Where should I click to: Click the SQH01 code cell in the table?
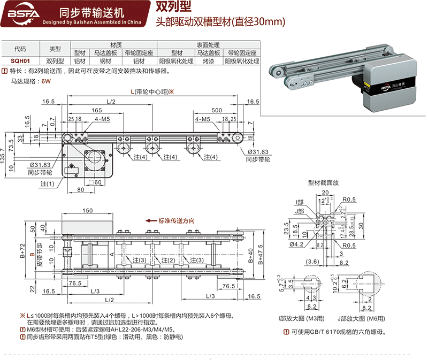coord(20,62)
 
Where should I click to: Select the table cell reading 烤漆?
coord(208,62)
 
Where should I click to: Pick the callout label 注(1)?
coord(47,184)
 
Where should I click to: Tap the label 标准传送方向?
coord(177,220)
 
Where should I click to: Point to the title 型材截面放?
coord(324,182)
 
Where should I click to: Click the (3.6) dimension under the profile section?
coord(314,262)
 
